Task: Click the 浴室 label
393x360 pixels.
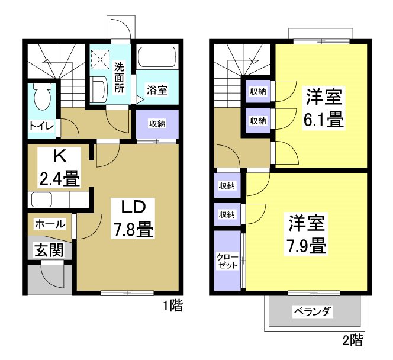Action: coord(156,91)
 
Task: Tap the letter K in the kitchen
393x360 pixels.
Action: coord(59,157)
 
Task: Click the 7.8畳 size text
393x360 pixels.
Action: coord(134,229)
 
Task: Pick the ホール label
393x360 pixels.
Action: coord(50,224)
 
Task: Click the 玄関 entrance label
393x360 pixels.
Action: coord(48,250)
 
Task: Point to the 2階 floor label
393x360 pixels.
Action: coord(353,340)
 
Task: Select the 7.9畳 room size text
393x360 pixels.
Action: coord(307,244)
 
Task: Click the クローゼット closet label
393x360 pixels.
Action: coord(228,261)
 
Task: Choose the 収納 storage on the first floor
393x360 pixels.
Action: coord(157,124)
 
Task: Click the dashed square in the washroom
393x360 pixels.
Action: coord(101,59)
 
